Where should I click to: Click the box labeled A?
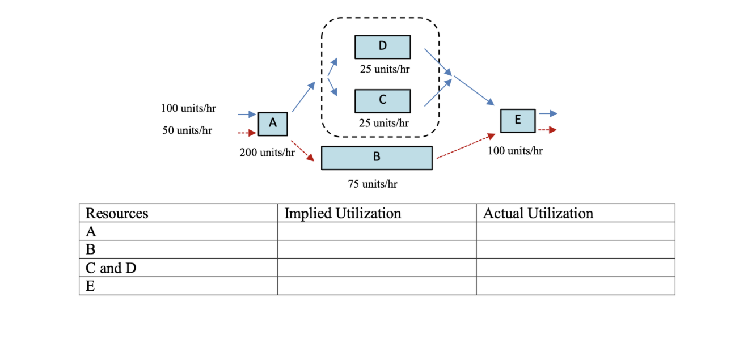click(273, 124)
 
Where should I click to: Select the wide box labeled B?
click(377, 158)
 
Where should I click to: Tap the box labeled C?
click(383, 100)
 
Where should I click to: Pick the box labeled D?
click(383, 46)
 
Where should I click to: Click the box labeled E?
click(518, 120)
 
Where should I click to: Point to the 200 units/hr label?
click(267, 153)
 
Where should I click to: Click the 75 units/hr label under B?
click(373, 184)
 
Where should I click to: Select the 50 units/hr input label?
click(187, 130)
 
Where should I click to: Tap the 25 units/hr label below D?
click(385, 69)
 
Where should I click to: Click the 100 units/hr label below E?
click(515, 151)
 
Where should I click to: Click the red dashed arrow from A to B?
click(303, 151)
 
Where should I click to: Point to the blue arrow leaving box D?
click(438, 62)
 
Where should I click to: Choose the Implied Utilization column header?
click(343, 213)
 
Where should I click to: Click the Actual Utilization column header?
click(538, 213)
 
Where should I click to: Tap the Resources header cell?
click(117, 213)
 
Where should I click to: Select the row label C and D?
click(111, 268)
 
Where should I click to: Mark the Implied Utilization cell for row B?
click(377, 249)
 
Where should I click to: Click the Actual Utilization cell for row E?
click(575, 286)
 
